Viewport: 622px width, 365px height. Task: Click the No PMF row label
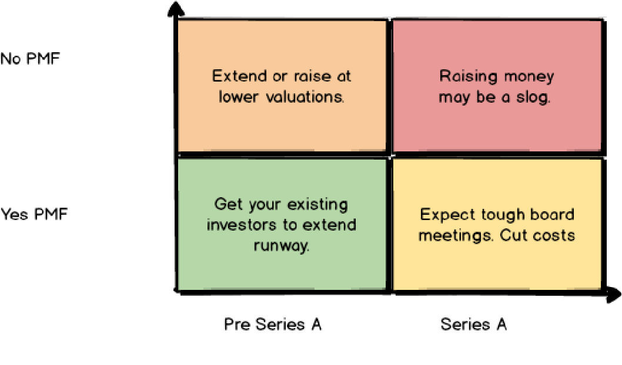coord(30,59)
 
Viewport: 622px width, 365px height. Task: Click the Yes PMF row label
coord(34,214)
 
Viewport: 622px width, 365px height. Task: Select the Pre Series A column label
coord(273,325)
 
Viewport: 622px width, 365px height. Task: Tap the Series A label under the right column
coord(474,325)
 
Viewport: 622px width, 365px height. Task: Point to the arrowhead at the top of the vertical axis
coord(176,9)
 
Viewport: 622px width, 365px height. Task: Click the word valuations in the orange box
coord(305,97)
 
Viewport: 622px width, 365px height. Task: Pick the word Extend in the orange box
coord(240,76)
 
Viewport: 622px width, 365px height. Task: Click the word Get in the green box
coord(226,204)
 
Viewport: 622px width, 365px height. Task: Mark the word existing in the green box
coord(317,205)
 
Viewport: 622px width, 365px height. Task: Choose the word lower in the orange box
coord(239,97)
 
